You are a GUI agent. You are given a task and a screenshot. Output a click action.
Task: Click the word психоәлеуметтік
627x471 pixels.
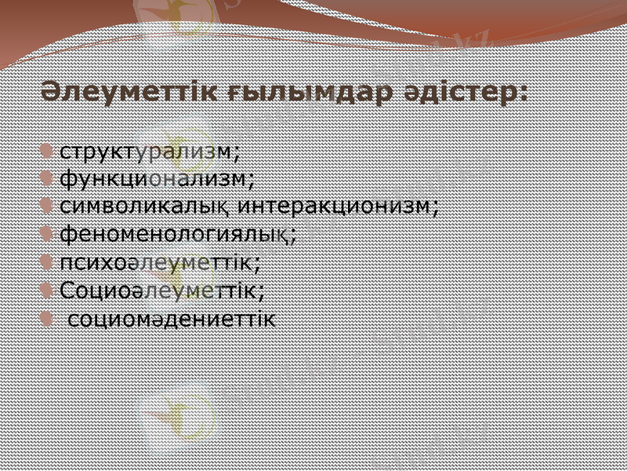(157, 261)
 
